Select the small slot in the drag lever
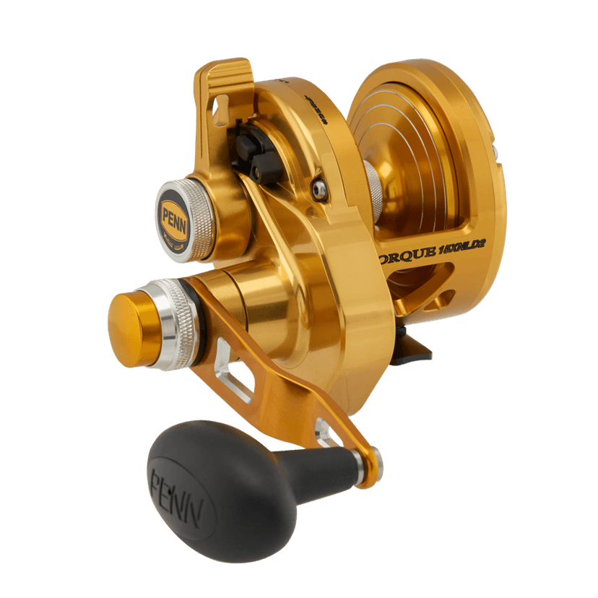[217, 108]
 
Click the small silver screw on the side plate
[317, 189]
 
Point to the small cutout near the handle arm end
[322, 433]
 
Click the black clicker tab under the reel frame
[416, 347]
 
